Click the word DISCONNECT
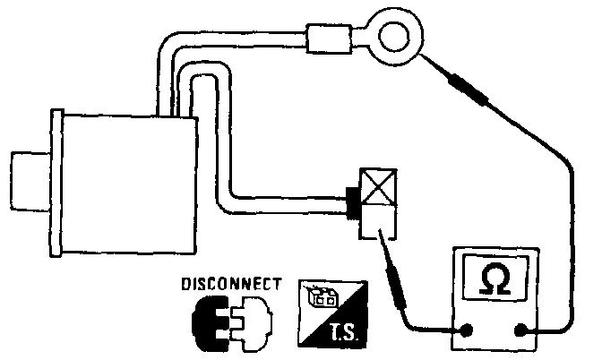pyautogui.click(x=231, y=284)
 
